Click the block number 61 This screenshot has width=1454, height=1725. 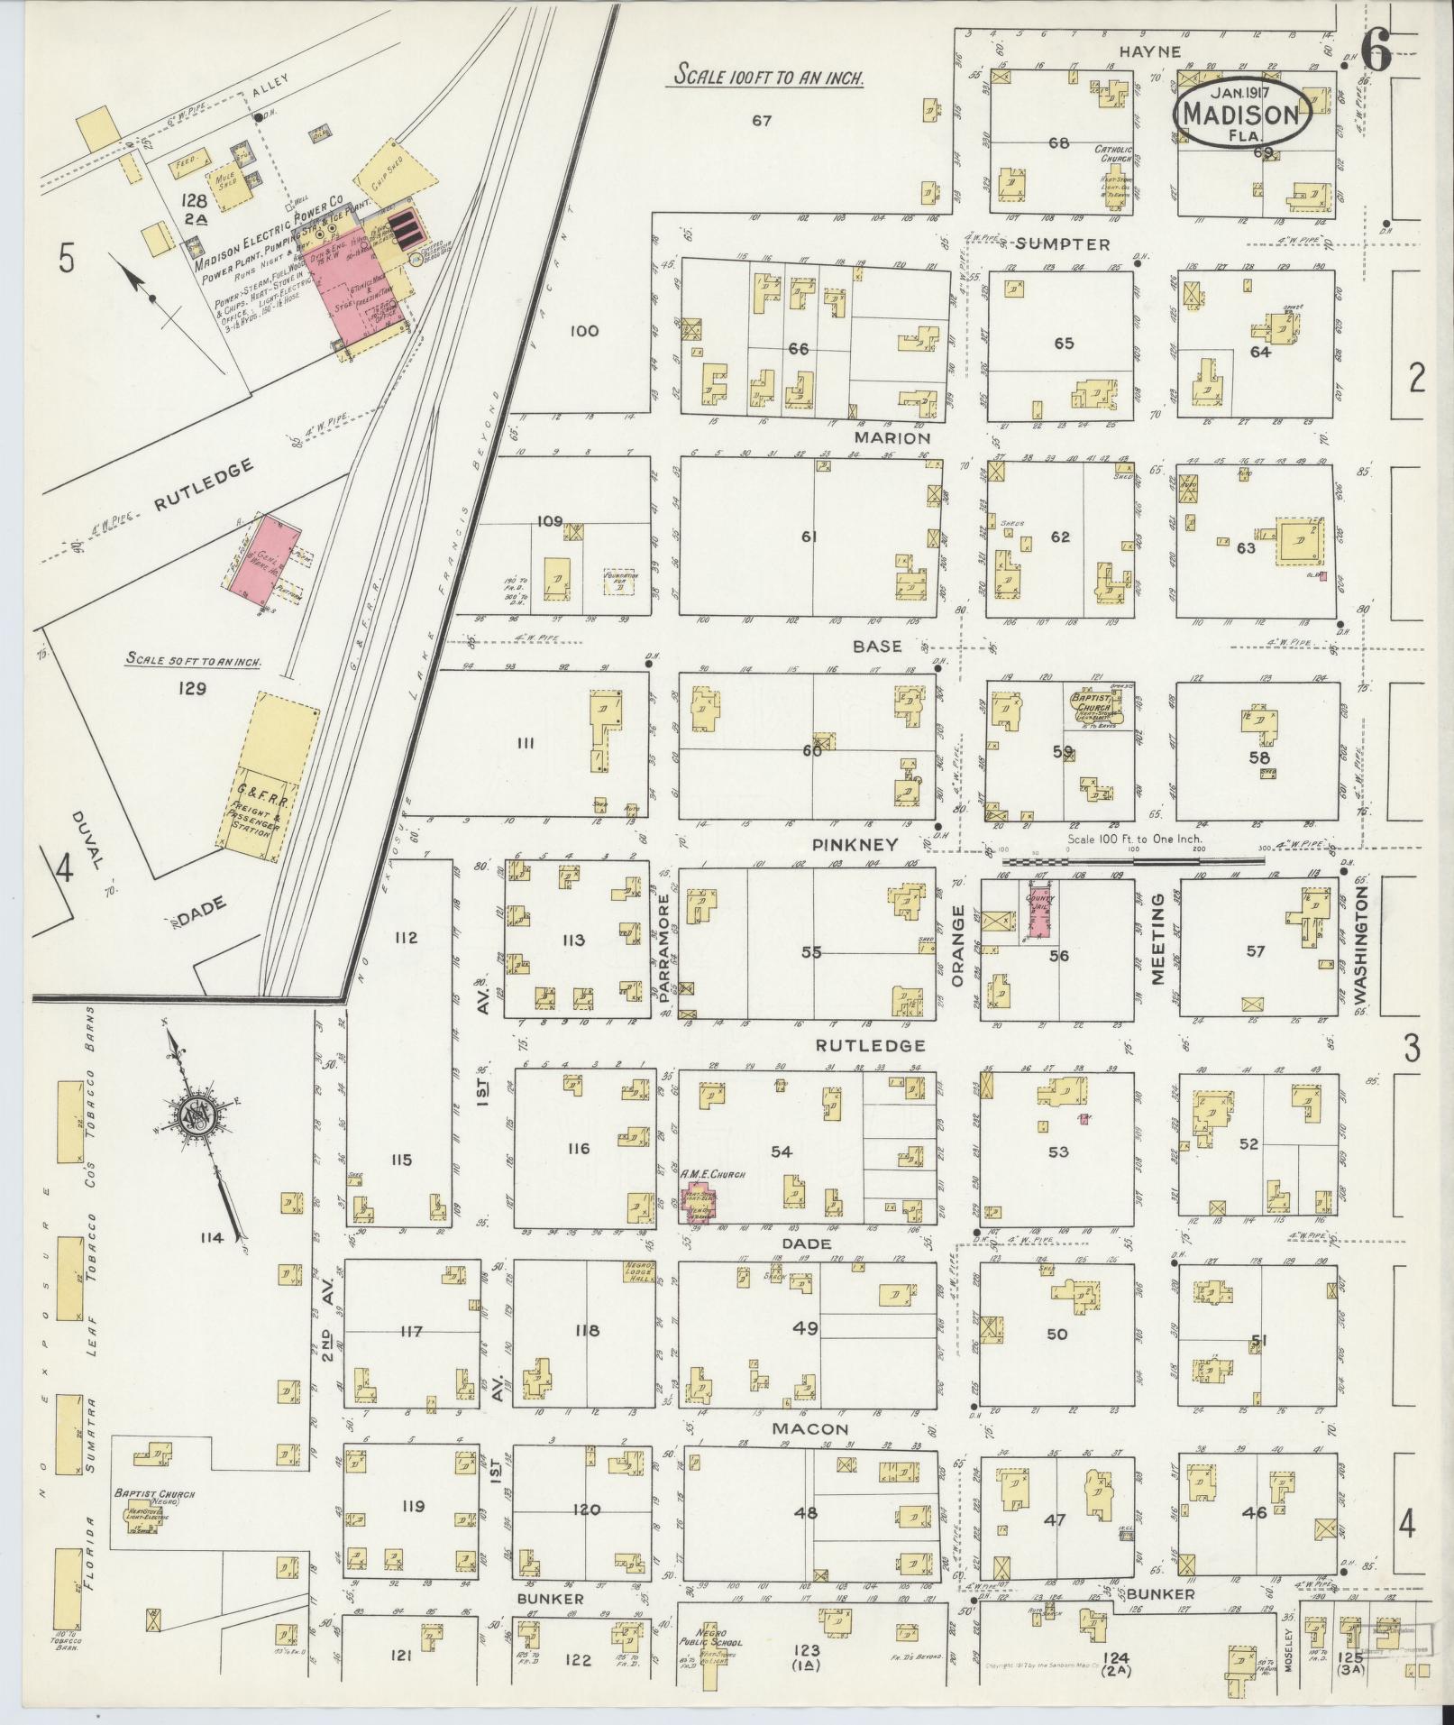(x=809, y=537)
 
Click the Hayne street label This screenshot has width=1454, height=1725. (x=1149, y=52)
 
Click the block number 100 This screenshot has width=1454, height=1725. (x=584, y=331)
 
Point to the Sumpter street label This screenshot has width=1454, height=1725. (x=1071, y=244)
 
